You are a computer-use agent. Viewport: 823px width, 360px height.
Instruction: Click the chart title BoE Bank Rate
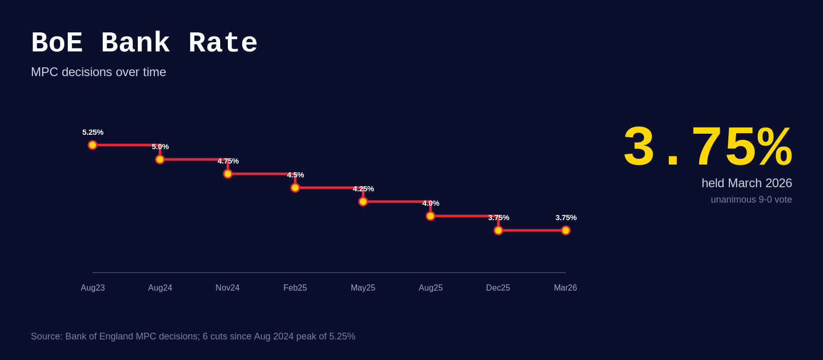point(144,44)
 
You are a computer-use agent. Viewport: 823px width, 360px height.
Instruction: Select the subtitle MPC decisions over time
point(98,72)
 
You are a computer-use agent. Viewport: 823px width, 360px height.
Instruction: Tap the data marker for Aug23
point(93,145)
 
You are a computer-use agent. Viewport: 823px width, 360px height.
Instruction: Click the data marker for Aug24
point(160,159)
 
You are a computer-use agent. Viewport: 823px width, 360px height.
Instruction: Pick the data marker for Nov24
point(228,174)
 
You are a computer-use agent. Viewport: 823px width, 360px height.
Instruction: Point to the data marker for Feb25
point(295,188)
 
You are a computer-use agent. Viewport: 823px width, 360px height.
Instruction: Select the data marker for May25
point(363,202)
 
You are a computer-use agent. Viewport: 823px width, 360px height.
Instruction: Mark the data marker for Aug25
point(431,216)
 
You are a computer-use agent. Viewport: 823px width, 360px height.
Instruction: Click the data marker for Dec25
point(498,230)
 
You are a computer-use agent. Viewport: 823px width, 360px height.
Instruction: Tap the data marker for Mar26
point(566,230)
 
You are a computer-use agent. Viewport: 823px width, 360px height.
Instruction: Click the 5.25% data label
point(93,132)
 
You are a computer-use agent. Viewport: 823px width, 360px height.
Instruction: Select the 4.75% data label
point(228,161)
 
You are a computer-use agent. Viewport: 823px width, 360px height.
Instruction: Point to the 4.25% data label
point(363,189)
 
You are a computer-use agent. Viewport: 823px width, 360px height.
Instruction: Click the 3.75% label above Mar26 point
point(566,218)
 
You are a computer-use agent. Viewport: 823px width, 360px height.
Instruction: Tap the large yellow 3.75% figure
point(707,148)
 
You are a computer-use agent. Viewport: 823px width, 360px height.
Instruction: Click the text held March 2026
point(746,183)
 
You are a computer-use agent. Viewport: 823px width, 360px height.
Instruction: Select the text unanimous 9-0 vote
point(751,200)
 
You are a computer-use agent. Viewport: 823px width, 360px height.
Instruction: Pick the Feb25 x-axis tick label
point(295,288)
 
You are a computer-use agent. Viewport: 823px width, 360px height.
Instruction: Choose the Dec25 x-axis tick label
point(498,288)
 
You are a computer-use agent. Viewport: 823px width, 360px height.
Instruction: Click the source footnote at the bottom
point(193,336)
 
